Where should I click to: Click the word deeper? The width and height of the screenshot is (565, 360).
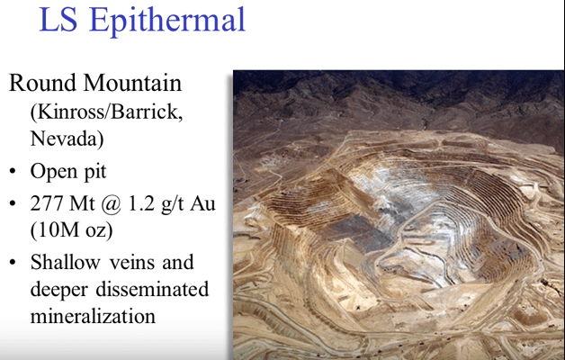point(63,291)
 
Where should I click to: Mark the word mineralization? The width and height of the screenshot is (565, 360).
point(93,317)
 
